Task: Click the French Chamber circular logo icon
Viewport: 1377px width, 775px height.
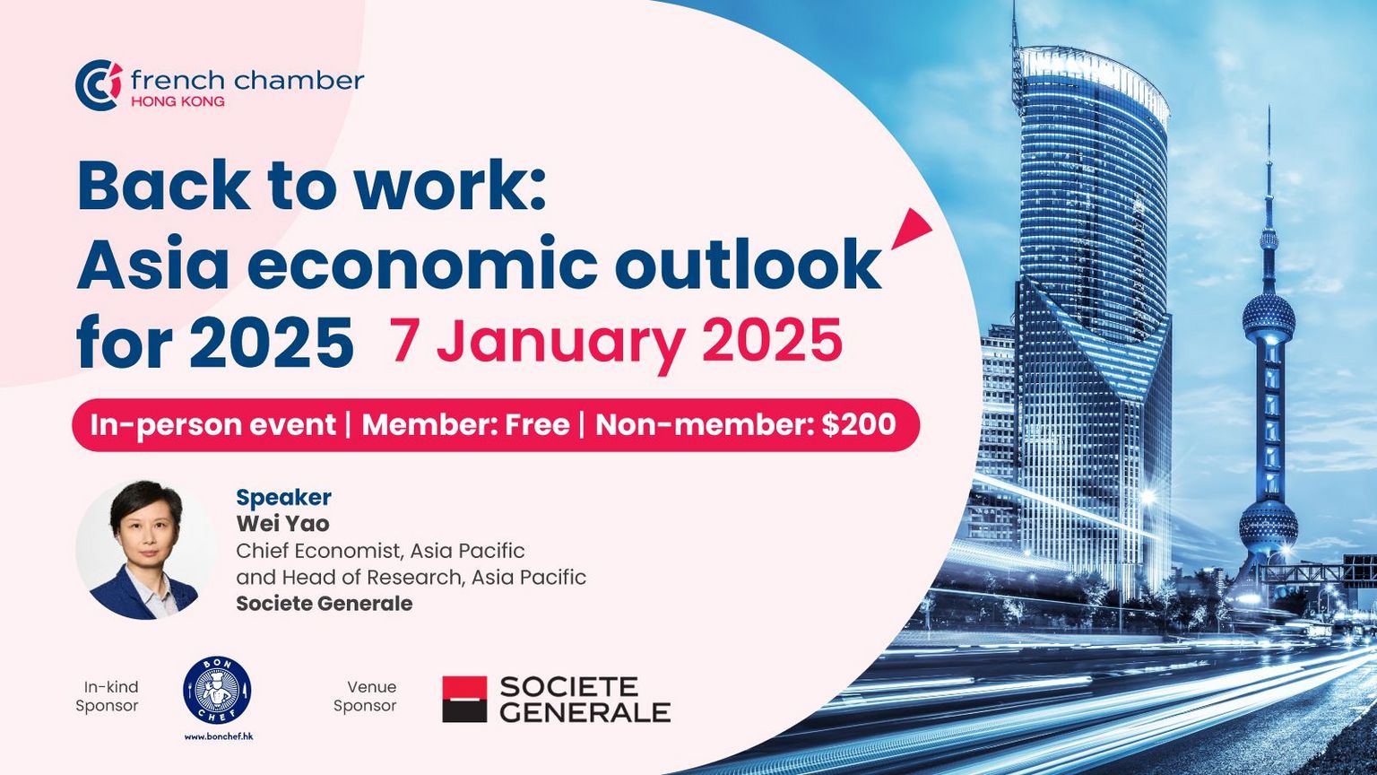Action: (x=99, y=85)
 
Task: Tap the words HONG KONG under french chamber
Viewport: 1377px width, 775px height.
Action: (x=178, y=101)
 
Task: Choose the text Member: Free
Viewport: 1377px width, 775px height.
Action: (x=465, y=425)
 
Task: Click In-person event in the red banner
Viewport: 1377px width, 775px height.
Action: (x=213, y=425)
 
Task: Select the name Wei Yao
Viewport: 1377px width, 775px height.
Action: (x=282, y=524)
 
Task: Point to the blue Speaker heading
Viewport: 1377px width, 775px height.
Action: (x=283, y=497)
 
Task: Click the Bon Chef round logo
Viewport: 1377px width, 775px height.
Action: (x=217, y=691)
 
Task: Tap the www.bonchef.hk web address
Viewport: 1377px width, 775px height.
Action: (x=218, y=736)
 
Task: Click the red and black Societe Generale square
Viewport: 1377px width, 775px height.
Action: (x=464, y=700)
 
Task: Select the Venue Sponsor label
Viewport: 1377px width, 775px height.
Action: (x=365, y=696)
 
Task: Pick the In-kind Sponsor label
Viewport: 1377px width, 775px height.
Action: (x=108, y=696)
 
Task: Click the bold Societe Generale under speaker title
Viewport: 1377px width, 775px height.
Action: (x=324, y=604)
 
